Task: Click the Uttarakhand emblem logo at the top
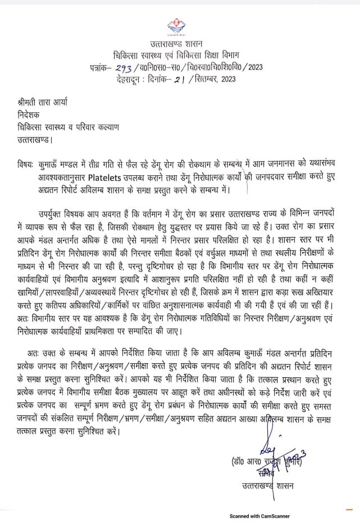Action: point(180,26)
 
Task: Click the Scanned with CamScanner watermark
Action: point(258,516)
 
